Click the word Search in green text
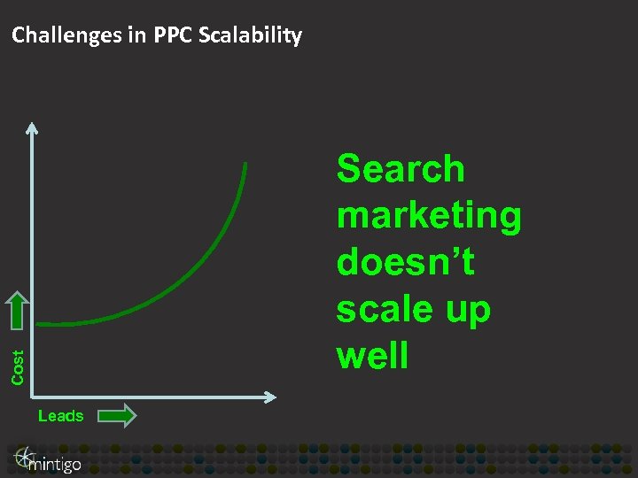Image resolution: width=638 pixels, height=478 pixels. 401,168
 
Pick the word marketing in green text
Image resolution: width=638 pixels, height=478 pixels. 429,215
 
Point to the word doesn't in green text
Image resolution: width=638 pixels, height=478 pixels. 406,262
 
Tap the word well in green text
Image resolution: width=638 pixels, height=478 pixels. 372,356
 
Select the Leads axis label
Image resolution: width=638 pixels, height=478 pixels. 61,416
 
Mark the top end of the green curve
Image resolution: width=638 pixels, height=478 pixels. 245,165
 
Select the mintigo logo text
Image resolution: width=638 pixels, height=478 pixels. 55,463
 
